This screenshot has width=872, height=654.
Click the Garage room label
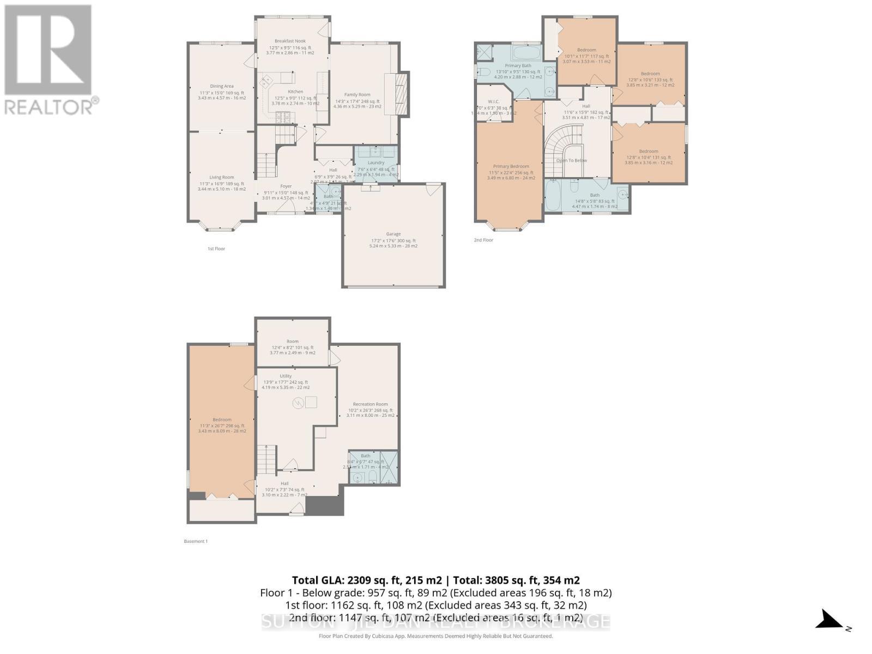tap(393, 234)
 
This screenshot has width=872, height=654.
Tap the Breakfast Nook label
tap(290, 41)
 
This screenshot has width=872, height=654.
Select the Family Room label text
tap(357, 95)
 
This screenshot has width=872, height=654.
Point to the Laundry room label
tap(376, 162)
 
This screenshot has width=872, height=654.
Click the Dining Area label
tap(222, 86)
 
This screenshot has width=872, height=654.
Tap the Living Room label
tap(222, 177)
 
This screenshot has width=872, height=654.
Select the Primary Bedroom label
tap(511, 166)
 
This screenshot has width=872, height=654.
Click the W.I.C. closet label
tap(494, 101)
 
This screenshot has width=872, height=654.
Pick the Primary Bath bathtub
tap(526, 53)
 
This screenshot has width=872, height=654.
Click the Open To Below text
tap(572, 160)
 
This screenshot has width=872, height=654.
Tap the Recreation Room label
tap(370, 404)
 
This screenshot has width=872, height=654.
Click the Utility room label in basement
tap(286, 376)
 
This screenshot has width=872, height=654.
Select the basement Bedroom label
tap(222, 420)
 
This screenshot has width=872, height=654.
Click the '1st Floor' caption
tap(216, 249)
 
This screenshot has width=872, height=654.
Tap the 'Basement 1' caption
tap(196, 541)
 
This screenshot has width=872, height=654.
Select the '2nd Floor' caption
tap(483, 240)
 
